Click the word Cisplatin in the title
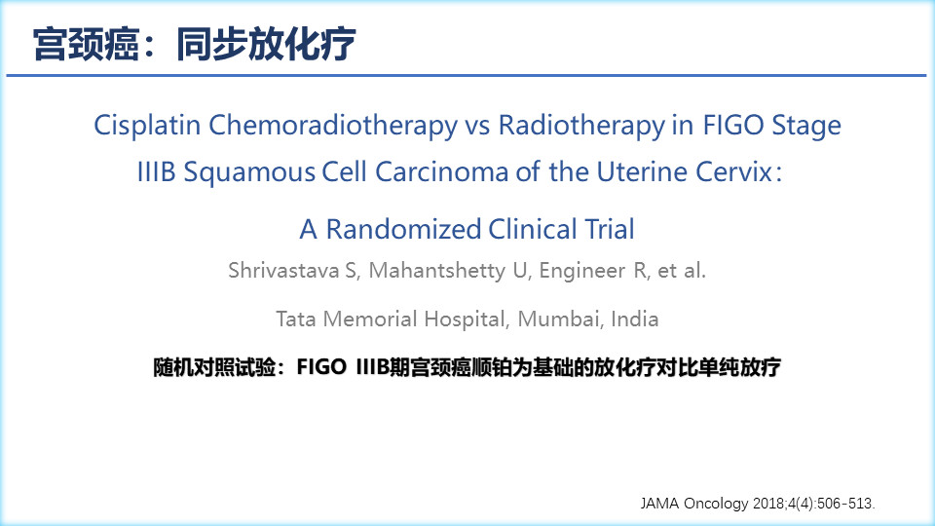[x=147, y=127]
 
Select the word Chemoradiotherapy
[x=333, y=127]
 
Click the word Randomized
[x=402, y=229]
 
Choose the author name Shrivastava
[x=283, y=271]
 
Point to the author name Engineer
[x=582, y=272]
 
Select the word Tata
[x=296, y=319]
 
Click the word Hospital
[x=467, y=319]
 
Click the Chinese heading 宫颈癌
[x=87, y=44]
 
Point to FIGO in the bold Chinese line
[x=321, y=367]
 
